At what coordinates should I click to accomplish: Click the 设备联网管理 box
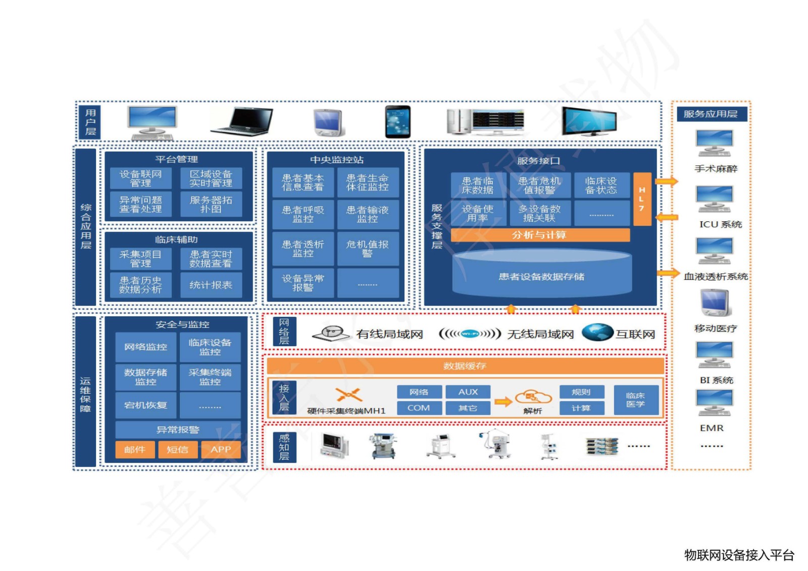[140, 178]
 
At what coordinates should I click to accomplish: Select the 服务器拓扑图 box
[211, 204]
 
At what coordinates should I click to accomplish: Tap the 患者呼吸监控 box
[302, 214]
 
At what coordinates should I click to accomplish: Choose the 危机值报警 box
[367, 249]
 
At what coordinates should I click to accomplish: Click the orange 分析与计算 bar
[539, 235]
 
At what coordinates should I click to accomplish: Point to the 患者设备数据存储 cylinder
[541, 276]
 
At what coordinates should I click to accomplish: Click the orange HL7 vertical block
[641, 199]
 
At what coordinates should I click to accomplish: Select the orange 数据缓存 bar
[465, 365]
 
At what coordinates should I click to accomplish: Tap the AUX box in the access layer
[468, 392]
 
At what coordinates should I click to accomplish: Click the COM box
[419, 408]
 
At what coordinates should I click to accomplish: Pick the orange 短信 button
[177, 449]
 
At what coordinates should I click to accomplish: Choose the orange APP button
[221, 449]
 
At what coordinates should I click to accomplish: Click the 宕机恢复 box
[145, 405]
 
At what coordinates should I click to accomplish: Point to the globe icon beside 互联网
[597, 332]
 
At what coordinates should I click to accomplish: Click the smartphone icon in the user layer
[397, 122]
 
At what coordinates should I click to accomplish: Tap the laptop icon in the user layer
[242, 122]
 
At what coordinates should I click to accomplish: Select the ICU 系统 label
[720, 224]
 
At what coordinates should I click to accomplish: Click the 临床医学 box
[635, 400]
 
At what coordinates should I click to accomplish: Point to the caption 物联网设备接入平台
[739, 555]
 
